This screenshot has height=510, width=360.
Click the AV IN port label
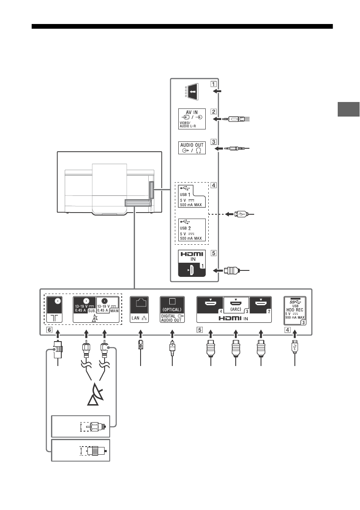tap(192, 119)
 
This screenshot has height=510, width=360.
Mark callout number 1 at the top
tap(213, 84)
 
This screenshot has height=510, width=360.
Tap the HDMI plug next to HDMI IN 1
tap(233, 270)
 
